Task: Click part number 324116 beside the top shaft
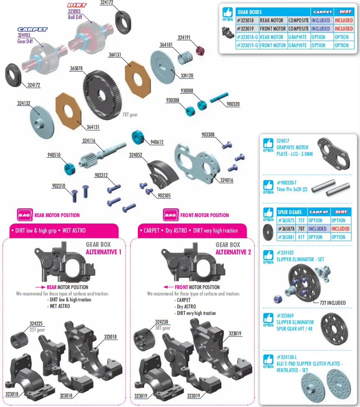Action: (x=89, y=140)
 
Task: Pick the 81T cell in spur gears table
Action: (x=301, y=237)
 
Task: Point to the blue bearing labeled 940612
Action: (x=139, y=138)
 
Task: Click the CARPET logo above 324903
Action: (x=32, y=29)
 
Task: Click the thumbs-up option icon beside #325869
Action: (x=268, y=319)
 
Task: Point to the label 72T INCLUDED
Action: (x=333, y=303)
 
